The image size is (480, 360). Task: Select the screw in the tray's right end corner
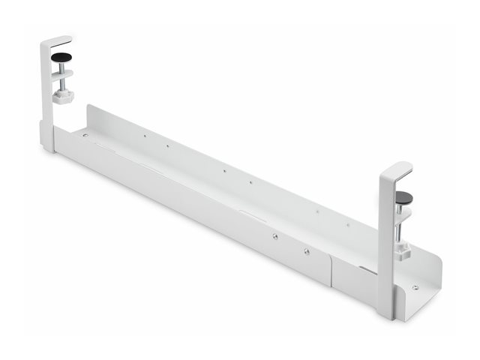tap(415, 286)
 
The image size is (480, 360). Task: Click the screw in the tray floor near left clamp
tap(85, 136)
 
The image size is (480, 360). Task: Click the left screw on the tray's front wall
tap(275, 236)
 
